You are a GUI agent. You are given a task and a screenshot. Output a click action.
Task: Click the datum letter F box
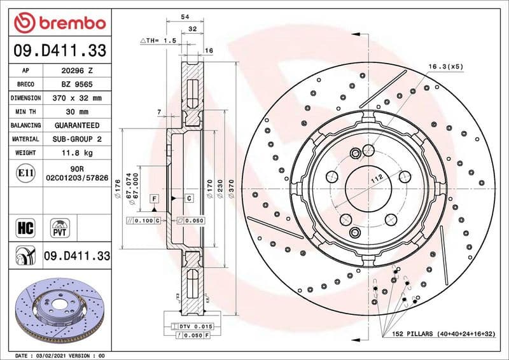pos(153,199)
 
